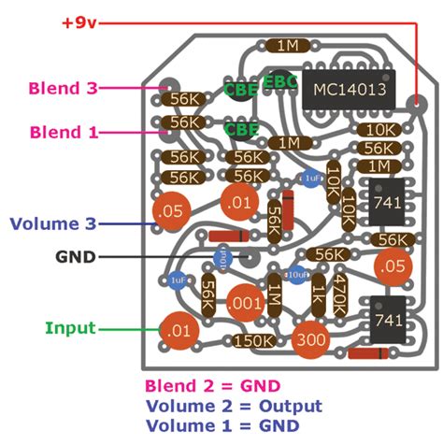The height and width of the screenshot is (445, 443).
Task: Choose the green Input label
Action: tap(70, 328)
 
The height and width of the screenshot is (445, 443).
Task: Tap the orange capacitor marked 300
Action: tap(308, 340)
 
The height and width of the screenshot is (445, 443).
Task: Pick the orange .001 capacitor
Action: tap(245, 301)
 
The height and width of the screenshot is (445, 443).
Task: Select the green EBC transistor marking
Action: tap(279, 82)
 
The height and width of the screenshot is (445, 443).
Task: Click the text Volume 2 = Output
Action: tap(234, 406)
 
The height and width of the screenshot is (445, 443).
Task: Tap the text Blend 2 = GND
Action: tap(212, 385)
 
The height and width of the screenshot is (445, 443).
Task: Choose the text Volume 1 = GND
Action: tap(222, 425)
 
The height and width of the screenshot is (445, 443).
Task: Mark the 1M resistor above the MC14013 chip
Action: tap(282, 45)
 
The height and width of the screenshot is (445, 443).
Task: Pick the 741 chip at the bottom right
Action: tap(386, 320)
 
